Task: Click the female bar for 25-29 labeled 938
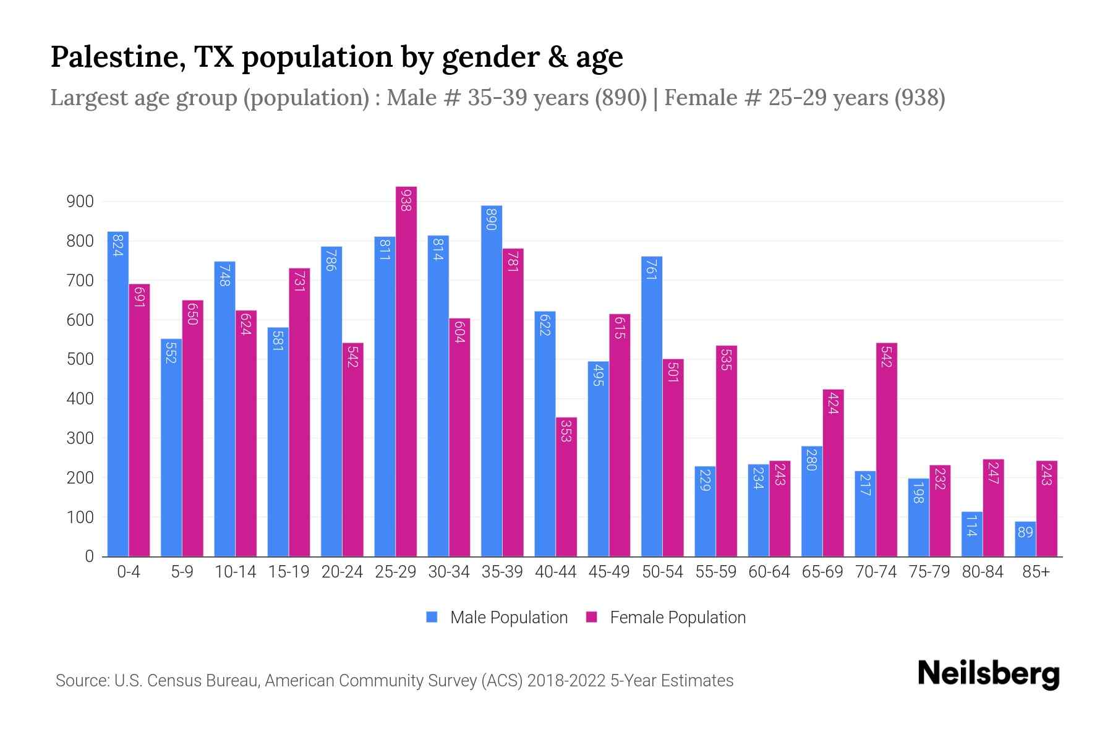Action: click(x=406, y=371)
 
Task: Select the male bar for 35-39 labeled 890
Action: click(x=492, y=381)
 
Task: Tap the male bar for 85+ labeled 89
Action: click(x=1025, y=539)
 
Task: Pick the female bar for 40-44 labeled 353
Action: click(x=566, y=487)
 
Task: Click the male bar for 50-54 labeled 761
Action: click(x=652, y=406)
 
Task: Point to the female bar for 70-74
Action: click(x=887, y=450)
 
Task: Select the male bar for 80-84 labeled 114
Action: click(x=972, y=534)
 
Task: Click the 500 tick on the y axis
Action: click(x=80, y=359)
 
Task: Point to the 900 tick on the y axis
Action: click(x=80, y=202)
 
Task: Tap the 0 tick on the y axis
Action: click(x=89, y=556)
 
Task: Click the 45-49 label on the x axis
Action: click(x=609, y=572)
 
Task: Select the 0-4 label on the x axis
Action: click(x=129, y=572)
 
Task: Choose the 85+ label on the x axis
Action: click(x=1036, y=572)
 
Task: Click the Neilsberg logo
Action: click(x=988, y=674)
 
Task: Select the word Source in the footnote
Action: click(x=82, y=681)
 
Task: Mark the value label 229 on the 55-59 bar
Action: click(x=705, y=480)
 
